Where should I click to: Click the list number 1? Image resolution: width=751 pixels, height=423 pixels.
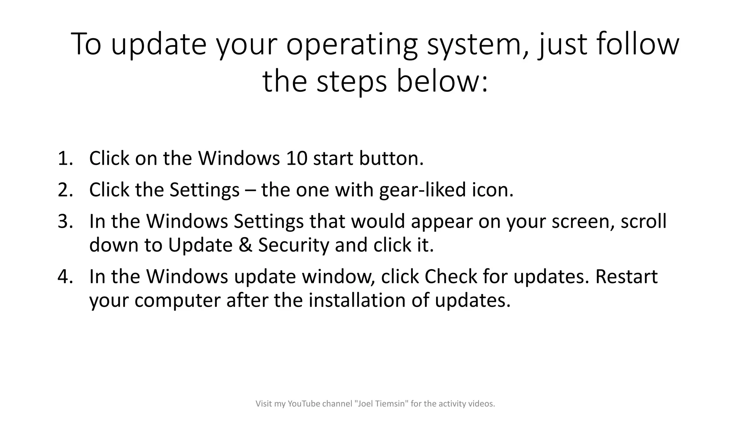click(x=65, y=159)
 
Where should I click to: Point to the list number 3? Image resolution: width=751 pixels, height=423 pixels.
click(x=65, y=221)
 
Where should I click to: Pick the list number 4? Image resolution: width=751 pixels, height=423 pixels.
click(x=65, y=276)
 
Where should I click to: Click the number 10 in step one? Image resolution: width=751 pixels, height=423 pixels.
click(x=296, y=159)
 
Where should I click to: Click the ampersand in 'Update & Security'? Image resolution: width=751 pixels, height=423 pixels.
click(x=245, y=245)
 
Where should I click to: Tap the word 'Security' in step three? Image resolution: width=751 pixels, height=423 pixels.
click(x=293, y=245)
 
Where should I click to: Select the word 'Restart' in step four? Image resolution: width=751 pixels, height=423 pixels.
click(x=626, y=276)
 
